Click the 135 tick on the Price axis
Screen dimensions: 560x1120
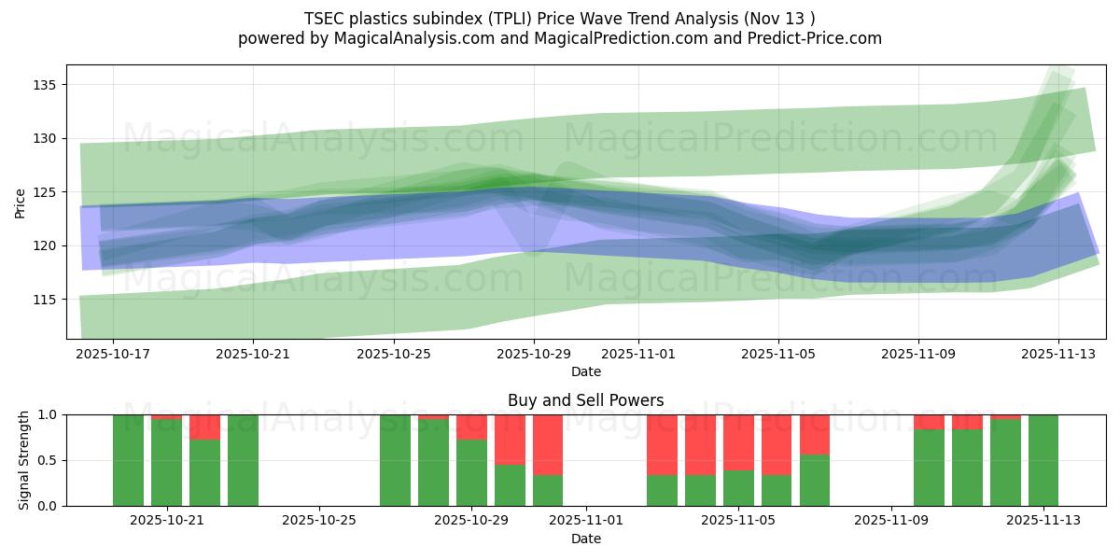45,85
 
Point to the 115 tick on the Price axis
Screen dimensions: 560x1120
45,300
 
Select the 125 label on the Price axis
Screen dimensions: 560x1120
45,192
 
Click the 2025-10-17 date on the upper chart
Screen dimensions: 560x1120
113,355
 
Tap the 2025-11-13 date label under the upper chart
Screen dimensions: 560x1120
1057,355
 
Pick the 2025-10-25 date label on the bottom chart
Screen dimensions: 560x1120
319,521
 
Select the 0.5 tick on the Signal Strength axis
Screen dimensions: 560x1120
48,460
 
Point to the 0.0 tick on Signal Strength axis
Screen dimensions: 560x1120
48,506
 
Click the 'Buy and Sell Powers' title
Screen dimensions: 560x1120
585,400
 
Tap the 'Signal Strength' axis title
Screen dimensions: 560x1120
24,460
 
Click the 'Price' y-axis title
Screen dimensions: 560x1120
21,203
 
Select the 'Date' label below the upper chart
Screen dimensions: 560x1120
585,371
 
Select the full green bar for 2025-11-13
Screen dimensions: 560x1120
1043,460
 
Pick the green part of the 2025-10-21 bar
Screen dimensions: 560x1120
166,463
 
